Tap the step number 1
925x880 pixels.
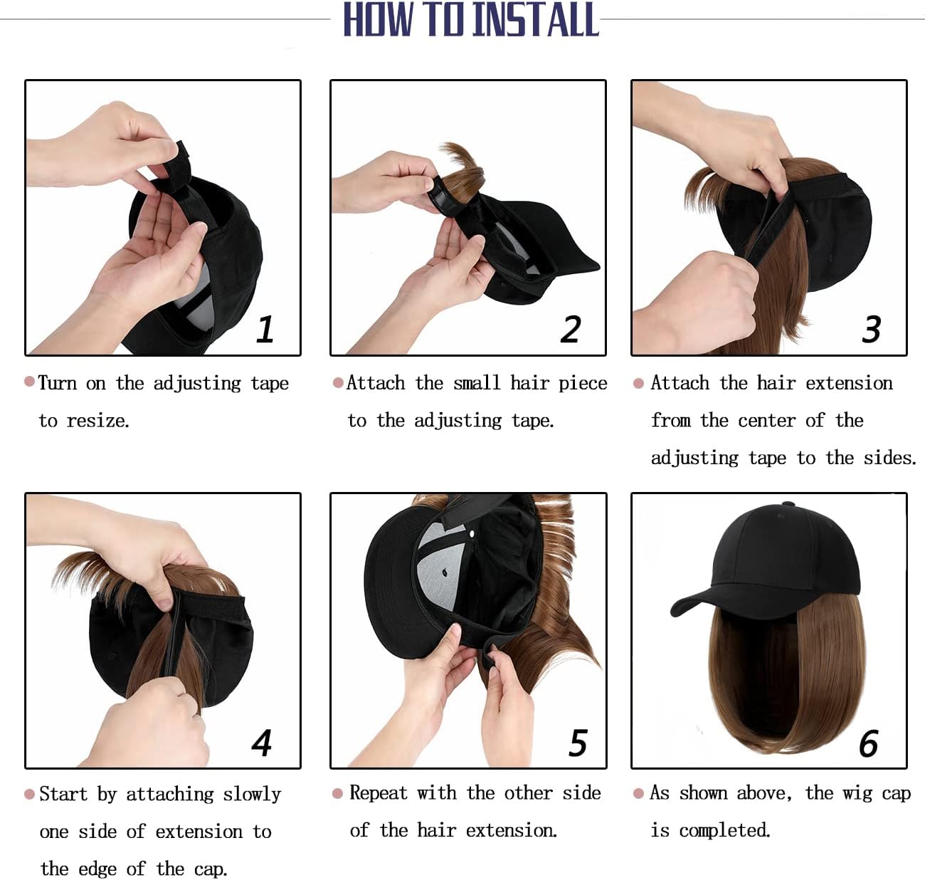265,329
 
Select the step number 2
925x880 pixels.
571,329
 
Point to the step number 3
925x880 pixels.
871,329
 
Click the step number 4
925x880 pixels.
262,743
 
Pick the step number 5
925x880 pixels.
578,743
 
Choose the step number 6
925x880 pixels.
869,743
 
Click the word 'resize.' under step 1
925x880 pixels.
98,421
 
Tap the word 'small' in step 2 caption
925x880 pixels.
477,383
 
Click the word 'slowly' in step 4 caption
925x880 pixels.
252,795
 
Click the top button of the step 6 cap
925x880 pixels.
790,506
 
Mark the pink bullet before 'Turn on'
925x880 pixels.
30,381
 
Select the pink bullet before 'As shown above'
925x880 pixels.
638,794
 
